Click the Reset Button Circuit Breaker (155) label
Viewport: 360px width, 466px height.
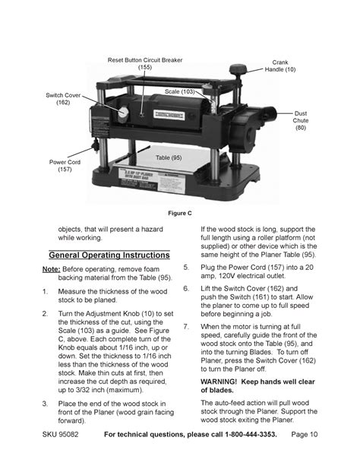pos(145,64)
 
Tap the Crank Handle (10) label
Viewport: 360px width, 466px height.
pos(280,66)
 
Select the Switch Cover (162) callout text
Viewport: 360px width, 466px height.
pos(63,99)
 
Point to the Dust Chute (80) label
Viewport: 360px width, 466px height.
pos(301,120)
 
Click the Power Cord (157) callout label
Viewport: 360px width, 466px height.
pos(65,166)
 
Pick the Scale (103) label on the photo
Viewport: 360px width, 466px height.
pos(180,91)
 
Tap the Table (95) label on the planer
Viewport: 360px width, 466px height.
pos(169,157)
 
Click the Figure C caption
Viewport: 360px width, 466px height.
pos(180,213)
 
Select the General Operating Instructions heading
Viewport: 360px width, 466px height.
pos(109,255)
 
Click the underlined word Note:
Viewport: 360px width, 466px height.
pos(52,269)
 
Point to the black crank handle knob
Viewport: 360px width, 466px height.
pos(238,69)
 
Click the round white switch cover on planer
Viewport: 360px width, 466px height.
pos(123,113)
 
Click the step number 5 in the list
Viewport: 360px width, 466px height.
pos(186,267)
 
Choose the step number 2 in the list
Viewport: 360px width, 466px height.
pos(45,313)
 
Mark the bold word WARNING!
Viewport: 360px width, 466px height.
pos(219,382)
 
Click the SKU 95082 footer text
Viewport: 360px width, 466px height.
pos(60,434)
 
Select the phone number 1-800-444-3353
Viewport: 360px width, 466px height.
pos(251,434)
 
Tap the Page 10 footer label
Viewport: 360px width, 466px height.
pos(305,434)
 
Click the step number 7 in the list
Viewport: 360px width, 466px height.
pos(186,326)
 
